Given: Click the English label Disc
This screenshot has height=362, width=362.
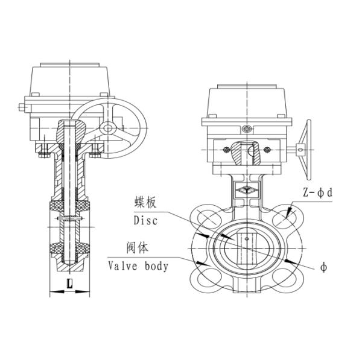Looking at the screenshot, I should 143,221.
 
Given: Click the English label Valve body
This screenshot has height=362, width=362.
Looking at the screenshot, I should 138,265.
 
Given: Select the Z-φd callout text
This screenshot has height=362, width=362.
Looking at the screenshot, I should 318,192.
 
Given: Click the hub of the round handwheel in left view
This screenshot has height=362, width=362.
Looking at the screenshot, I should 107,127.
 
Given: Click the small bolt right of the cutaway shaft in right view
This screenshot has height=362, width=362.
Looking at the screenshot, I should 267,150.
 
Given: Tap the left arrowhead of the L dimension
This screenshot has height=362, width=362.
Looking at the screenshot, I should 51,293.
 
